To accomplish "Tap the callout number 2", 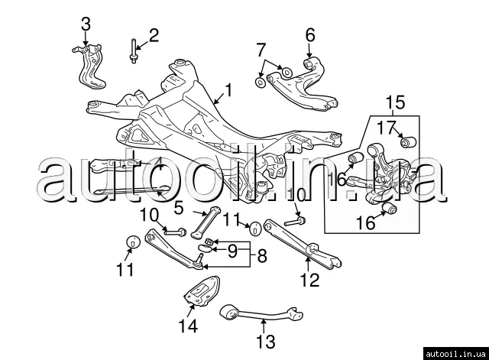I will click(154, 35).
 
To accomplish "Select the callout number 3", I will click(86, 24).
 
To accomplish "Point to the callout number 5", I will click(178, 206).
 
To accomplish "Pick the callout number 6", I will click(310, 34).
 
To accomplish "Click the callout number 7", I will click(261, 52).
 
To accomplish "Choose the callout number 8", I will click(261, 256).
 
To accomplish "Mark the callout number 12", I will click(308, 280).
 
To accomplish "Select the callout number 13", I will click(265, 342).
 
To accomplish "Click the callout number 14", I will click(188, 327).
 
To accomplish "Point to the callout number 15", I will click(393, 102).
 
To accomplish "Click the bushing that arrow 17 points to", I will click(407, 142).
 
